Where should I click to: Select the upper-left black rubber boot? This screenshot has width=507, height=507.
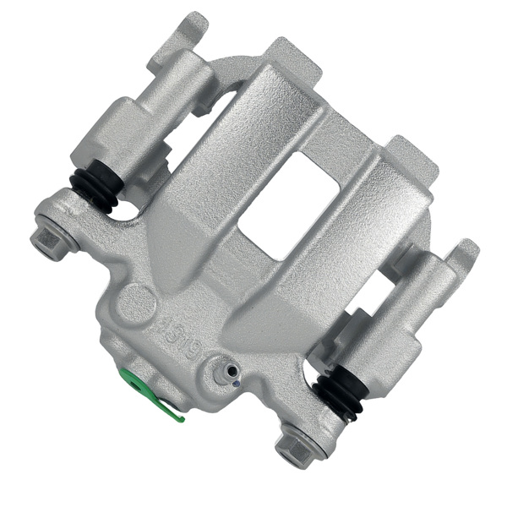[x=95, y=189]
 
